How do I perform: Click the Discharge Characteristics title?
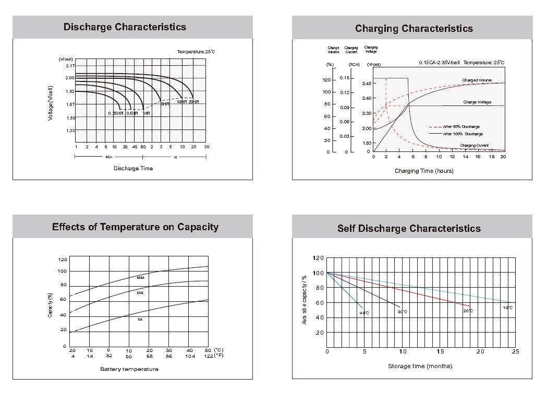[x=125, y=27]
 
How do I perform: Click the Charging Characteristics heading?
[x=414, y=28]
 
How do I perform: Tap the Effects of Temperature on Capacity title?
[x=135, y=227]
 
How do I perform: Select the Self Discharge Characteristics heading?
[x=409, y=228]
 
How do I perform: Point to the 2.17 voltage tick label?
[x=70, y=66]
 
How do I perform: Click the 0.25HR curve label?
[x=116, y=113]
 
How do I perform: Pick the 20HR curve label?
[x=194, y=102]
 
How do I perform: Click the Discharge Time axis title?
[x=133, y=168]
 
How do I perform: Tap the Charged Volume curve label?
[x=477, y=80]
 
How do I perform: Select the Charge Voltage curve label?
[x=477, y=102]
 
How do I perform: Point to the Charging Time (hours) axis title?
[x=424, y=171]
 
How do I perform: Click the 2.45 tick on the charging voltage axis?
[x=367, y=84]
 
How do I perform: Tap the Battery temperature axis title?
[x=129, y=369]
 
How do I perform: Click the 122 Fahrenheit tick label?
[x=209, y=356]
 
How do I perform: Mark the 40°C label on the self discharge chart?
[x=364, y=313]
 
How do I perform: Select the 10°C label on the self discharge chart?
[x=507, y=308]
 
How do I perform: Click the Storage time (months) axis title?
[x=420, y=366]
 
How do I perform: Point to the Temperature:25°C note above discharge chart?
[x=196, y=52]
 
